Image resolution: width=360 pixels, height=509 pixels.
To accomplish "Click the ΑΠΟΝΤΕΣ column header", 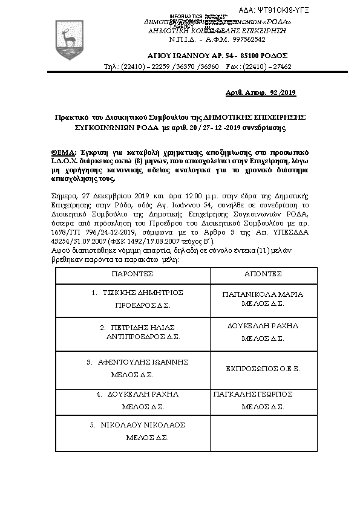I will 263,274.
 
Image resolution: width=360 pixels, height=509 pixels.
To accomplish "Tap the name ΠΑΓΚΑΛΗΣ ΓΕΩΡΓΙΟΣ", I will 254,394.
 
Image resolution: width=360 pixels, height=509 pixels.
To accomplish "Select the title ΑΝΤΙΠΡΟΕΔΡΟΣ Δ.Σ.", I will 143,336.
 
